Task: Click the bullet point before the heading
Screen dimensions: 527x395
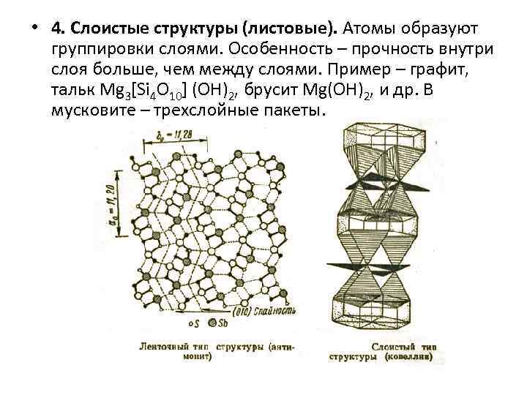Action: (x=34, y=29)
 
